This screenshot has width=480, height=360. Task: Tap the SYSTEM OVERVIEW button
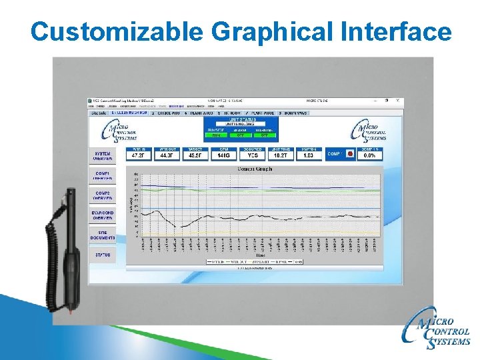pos(103,156)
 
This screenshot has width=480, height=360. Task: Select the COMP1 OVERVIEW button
pos(103,176)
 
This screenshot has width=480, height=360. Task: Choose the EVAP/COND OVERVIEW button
pos(103,215)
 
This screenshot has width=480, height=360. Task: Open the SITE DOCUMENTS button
pos(103,235)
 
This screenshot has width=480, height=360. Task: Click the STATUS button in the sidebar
pos(103,255)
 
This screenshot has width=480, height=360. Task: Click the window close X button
pos(398,101)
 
